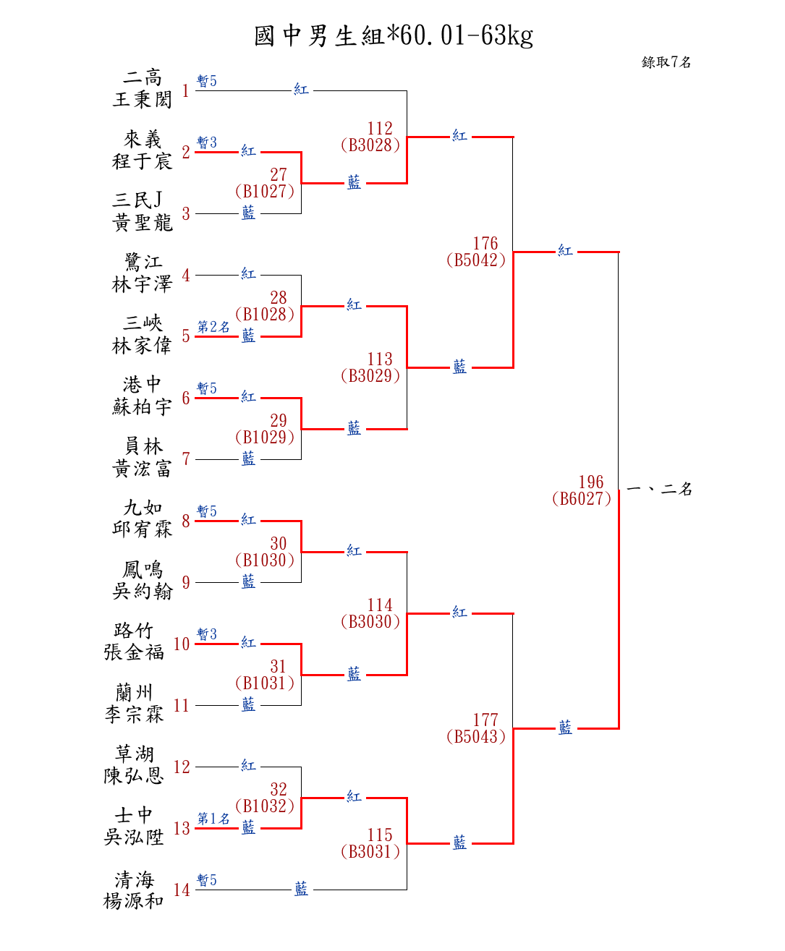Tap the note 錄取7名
[x=666, y=62]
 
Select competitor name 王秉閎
[x=143, y=99]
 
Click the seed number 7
[x=186, y=459]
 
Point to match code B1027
[x=265, y=192]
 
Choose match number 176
[x=485, y=244]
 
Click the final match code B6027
[x=582, y=499]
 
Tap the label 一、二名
[x=659, y=490]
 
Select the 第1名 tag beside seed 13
[x=213, y=819]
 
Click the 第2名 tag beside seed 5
[x=213, y=327]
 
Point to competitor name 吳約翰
[x=143, y=592]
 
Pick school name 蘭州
[x=134, y=693]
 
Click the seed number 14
[x=182, y=890]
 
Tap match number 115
[x=379, y=835]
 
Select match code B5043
[x=476, y=737]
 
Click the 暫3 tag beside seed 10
[x=206, y=634]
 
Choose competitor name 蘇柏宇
[x=143, y=407]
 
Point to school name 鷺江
[x=143, y=262]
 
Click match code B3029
[x=370, y=376]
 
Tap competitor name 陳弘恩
[x=134, y=776]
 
